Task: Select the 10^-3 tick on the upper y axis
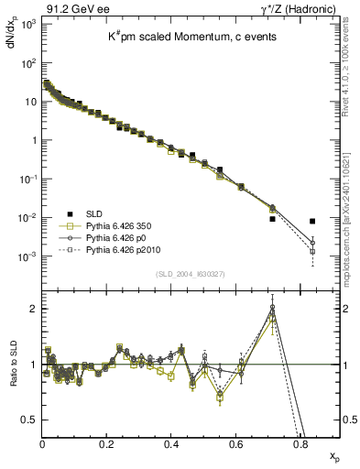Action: pos(27,257)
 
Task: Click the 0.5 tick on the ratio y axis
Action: pos(28,420)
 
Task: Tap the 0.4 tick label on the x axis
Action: pos(171,443)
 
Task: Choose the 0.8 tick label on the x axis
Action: pos(300,443)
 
